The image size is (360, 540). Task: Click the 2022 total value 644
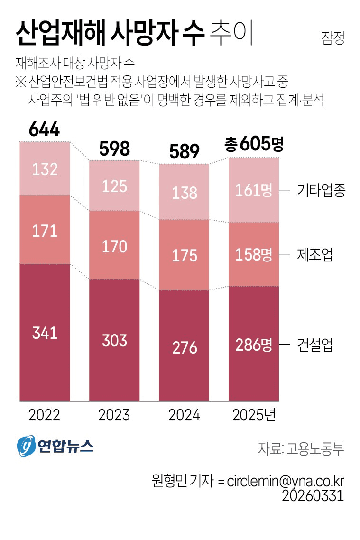45,129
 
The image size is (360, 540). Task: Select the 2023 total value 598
114,149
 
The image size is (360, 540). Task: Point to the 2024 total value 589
184,152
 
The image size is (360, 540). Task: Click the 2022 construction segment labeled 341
45,333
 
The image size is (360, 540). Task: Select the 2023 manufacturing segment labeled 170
114,246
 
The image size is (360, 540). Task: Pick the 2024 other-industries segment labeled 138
184,192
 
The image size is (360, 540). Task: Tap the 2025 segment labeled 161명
254,190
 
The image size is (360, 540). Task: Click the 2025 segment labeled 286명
254,344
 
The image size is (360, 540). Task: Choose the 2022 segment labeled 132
45,169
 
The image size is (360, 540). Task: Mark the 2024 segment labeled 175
184,255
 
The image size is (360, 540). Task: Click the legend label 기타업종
321,191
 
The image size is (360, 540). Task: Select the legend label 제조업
314,255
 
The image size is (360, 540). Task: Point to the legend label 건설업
314,345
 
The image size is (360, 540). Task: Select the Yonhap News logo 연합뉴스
55,447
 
